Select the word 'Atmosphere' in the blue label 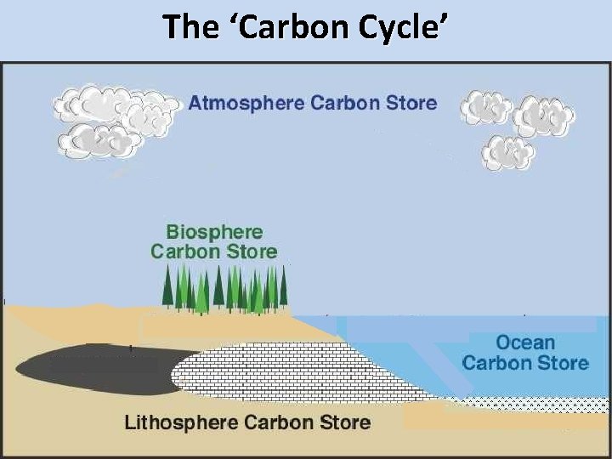(x=246, y=104)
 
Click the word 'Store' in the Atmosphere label (x=404, y=104)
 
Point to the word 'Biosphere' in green (x=214, y=232)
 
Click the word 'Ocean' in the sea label (x=525, y=343)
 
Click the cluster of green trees (x=225, y=289)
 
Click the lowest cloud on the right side (x=508, y=153)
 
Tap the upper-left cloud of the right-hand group (x=485, y=108)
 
